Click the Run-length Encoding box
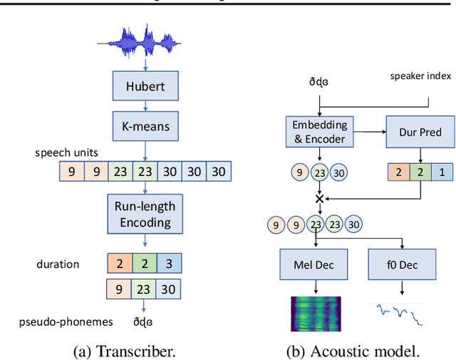145,214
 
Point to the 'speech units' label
66,153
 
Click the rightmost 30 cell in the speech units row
219,172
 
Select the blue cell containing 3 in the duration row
168,264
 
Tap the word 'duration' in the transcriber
58,264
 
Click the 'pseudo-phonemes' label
66,322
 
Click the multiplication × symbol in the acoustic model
319,199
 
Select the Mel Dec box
314,265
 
